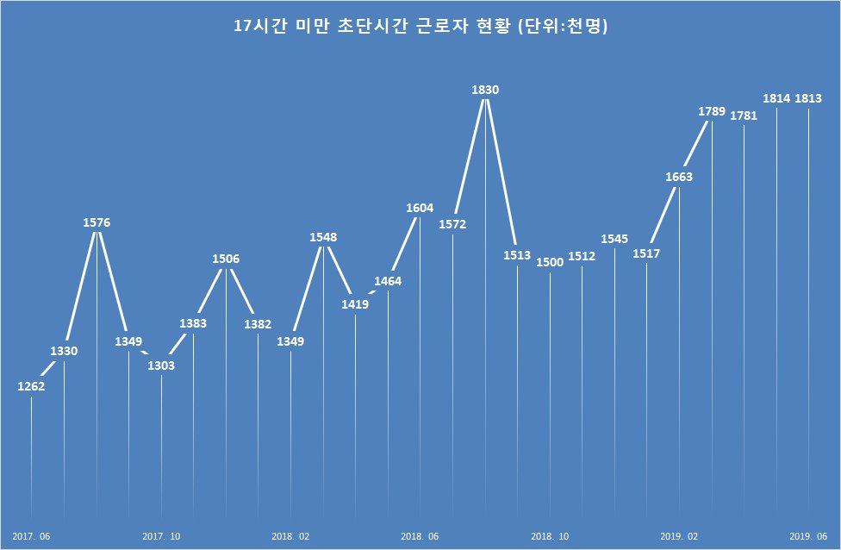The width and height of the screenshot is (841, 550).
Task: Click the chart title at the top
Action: click(x=420, y=26)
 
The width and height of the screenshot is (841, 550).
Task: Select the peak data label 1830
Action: click(x=485, y=90)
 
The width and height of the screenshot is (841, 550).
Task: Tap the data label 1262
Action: click(x=31, y=386)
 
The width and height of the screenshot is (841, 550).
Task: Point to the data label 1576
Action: click(x=97, y=222)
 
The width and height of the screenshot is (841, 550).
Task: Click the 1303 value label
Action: click(x=161, y=366)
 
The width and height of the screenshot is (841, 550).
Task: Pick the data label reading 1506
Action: click(x=226, y=259)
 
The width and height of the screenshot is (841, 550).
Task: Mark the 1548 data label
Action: click(x=323, y=236)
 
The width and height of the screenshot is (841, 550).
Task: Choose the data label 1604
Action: click(x=420, y=208)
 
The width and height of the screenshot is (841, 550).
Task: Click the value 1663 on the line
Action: click(x=679, y=177)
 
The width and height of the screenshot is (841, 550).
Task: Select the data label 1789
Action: click(x=712, y=111)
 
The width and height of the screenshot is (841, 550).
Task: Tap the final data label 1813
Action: click(x=808, y=98)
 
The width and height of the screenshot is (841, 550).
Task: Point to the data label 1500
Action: click(x=550, y=262)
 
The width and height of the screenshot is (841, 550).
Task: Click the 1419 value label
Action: click(x=355, y=304)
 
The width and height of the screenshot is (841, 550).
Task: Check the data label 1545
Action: click(x=614, y=239)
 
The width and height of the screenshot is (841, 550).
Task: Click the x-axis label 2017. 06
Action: click(x=31, y=536)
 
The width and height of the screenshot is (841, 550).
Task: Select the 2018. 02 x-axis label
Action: click(x=290, y=536)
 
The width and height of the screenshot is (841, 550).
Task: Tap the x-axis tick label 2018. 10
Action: click(x=550, y=536)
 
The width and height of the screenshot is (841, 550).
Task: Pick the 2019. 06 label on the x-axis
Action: click(x=808, y=536)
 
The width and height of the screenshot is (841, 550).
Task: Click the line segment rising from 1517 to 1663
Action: click(x=663, y=216)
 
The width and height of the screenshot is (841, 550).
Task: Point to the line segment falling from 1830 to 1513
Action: click(x=501, y=172)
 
